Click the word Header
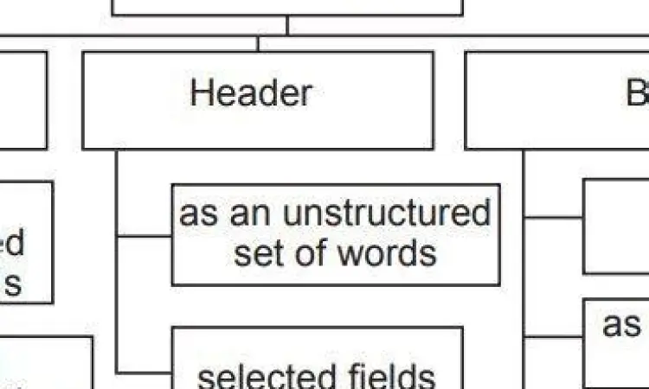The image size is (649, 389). [251, 92]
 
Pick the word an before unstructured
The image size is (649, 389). [252, 214]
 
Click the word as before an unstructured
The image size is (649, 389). [199, 214]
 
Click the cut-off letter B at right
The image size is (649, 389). [638, 92]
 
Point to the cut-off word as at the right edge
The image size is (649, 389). [621, 325]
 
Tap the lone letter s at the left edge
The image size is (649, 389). [13, 284]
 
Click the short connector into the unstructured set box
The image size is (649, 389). [144, 235]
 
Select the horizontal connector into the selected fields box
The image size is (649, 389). [144, 373]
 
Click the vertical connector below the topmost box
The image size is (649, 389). [287, 25]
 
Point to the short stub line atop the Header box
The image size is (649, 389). [257, 43]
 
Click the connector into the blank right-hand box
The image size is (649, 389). [553, 218]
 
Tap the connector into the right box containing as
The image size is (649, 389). [553, 336]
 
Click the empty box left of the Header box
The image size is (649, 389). [22, 99]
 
